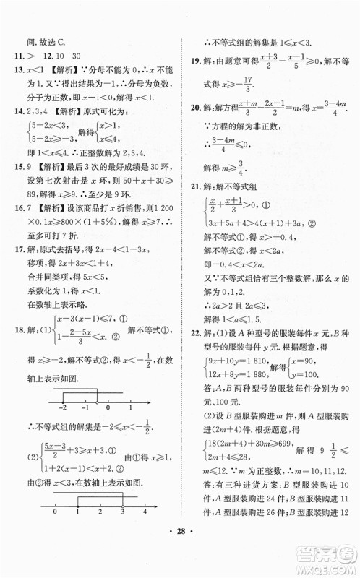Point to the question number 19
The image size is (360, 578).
coord(192,62)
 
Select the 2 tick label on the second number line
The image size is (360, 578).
coord(99,531)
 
